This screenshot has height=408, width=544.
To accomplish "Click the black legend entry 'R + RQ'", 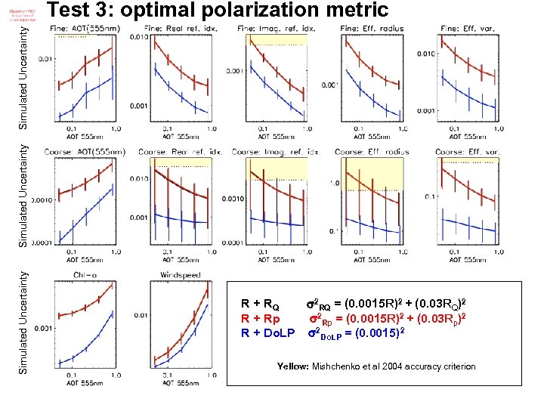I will (259, 306).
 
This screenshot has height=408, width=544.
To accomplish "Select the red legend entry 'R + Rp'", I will (259, 319).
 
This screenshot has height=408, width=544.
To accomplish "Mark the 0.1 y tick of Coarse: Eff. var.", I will (430, 196).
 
